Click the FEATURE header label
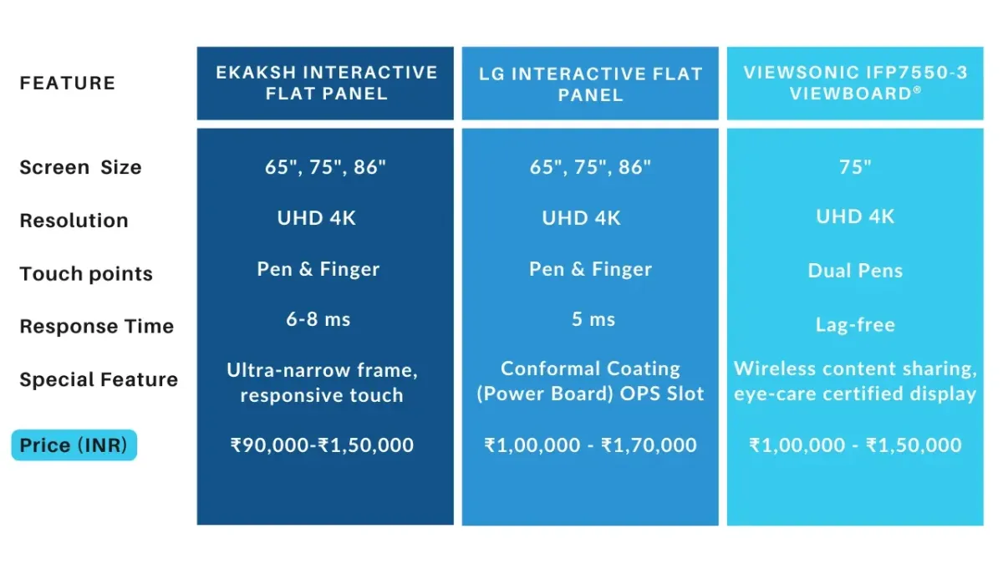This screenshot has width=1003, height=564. pyautogui.click(x=68, y=84)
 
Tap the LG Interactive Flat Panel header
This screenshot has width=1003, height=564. pyautogui.click(x=591, y=84)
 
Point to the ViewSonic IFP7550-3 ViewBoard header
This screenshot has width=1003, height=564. pyautogui.click(x=855, y=83)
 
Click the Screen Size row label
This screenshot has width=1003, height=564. pyautogui.click(x=80, y=167)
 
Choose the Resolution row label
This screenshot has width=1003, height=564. pyautogui.click(x=74, y=221)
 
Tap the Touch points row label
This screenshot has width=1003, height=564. pyautogui.click(x=86, y=273)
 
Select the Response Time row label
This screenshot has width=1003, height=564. pyautogui.click(x=97, y=327)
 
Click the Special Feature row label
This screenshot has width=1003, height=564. pyautogui.click(x=99, y=379)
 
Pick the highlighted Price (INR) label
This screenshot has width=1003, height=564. pyautogui.click(x=74, y=445)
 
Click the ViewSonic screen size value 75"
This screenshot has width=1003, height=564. pyautogui.click(x=855, y=167)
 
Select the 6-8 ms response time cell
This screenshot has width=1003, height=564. pyautogui.click(x=318, y=319)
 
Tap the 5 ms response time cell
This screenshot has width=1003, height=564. pyautogui.click(x=593, y=319)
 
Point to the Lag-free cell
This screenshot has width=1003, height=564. pyautogui.click(x=855, y=324)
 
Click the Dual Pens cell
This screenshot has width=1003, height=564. pyautogui.click(x=855, y=271)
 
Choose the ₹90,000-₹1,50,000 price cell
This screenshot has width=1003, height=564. pyautogui.click(x=322, y=445)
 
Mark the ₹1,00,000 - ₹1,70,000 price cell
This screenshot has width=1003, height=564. pyautogui.click(x=591, y=445)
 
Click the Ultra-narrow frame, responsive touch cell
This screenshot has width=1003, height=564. pyautogui.click(x=322, y=383)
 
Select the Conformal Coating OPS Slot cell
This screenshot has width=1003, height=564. pyautogui.click(x=591, y=381)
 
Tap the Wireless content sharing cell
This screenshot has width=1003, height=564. pyautogui.click(x=855, y=381)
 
